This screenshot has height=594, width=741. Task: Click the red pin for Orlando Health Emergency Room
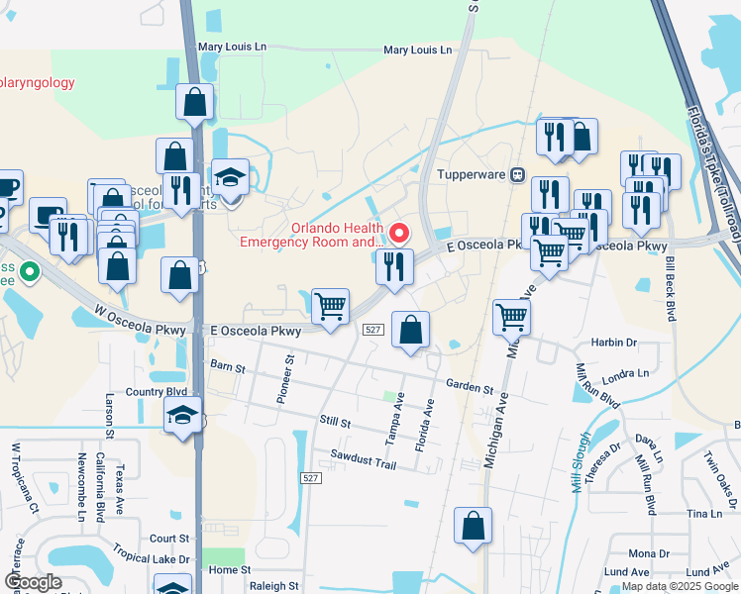[x=400, y=234]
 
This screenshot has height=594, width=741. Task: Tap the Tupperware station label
[x=472, y=175]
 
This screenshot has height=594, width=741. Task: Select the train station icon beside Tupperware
[x=517, y=175]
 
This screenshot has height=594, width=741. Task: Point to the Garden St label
[x=469, y=389]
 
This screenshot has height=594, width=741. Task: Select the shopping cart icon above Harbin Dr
[x=511, y=318]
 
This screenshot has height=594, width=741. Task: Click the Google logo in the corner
[x=33, y=581]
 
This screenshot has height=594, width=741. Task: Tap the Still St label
[x=335, y=423]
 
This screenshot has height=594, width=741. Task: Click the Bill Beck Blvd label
[x=671, y=287]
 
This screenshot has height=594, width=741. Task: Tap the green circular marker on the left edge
[x=30, y=269]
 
